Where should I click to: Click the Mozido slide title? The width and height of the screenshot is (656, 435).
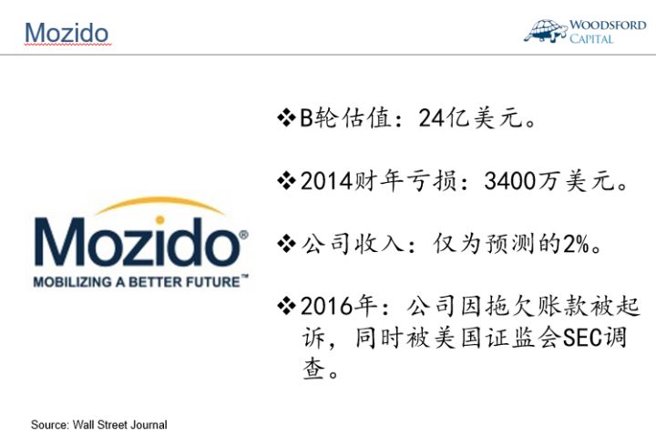pos(66,32)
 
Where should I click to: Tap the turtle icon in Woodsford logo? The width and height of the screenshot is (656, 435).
pos(546,30)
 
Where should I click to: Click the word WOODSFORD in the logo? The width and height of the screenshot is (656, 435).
pos(608,25)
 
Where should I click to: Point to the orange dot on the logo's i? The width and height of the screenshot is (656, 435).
pos(160,219)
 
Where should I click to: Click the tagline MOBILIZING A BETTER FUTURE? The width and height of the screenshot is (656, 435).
pos(137,283)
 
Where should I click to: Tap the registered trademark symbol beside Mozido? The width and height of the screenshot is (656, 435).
pos(242,235)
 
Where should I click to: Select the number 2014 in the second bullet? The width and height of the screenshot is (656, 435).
pos(326,182)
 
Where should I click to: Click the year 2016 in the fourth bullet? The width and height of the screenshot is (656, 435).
pos(326,306)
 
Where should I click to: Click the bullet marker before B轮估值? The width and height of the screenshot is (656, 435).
pos(286,119)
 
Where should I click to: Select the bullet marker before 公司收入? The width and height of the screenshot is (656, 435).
pos(286,244)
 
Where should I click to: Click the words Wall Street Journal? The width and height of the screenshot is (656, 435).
pos(124,425)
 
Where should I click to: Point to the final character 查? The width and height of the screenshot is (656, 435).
pos(314,370)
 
